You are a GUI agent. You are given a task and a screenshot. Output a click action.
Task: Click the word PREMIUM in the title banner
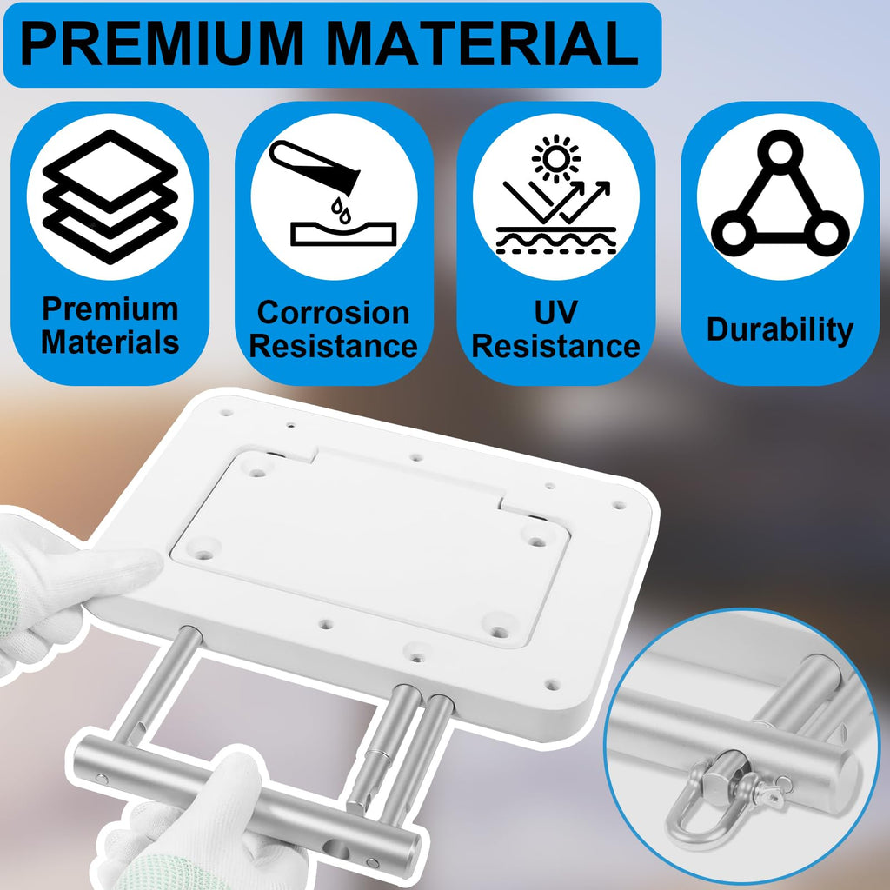[161, 44]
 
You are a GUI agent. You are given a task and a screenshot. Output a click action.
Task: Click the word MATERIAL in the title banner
[482, 44]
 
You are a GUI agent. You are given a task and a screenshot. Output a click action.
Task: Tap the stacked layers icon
[110, 196]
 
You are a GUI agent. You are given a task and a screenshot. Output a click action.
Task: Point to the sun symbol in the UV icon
[556, 158]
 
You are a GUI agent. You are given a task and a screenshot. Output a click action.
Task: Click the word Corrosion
[333, 313]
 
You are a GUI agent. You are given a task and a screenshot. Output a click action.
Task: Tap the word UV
[555, 312]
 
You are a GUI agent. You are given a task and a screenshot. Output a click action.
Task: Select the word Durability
[780, 329]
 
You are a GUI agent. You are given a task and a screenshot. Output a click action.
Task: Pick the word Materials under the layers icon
[110, 342]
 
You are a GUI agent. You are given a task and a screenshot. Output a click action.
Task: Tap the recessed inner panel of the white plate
[369, 545]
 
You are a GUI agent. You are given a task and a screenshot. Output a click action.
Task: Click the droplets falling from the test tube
[341, 209]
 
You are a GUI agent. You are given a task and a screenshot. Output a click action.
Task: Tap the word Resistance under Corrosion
[333, 346]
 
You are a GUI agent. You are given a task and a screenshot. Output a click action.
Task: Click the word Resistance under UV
[555, 346]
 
